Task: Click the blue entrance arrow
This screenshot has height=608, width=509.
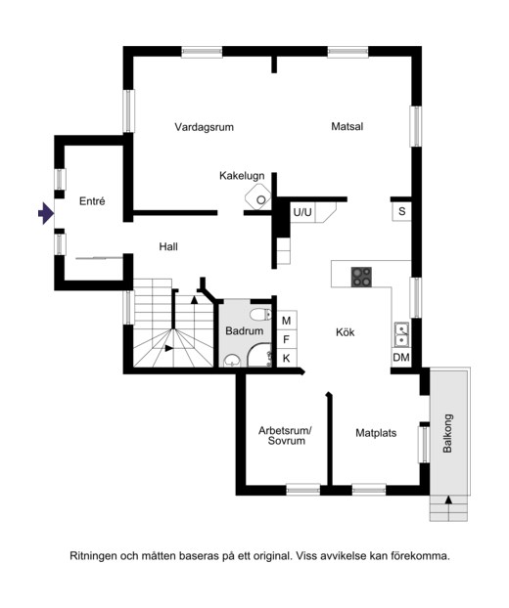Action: [x=46, y=213]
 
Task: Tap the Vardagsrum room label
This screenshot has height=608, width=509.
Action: [x=204, y=127]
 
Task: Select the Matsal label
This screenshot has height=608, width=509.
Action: [x=347, y=126]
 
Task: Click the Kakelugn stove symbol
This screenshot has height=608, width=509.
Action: [x=258, y=196]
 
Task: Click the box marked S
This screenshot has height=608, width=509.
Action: [x=401, y=212]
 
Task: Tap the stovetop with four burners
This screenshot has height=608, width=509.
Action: [x=361, y=277]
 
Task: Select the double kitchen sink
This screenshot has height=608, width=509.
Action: [x=401, y=334]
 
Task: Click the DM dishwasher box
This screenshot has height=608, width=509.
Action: [x=401, y=358]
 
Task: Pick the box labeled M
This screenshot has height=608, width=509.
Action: [x=287, y=321]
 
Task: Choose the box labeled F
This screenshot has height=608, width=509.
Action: [x=287, y=339]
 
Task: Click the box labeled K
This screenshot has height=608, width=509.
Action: [x=287, y=359]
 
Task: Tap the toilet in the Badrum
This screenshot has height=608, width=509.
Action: [x=260, y=314]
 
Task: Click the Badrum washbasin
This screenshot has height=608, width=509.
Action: [x=232, y=362]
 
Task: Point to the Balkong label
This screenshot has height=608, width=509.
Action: [x=447, y=433]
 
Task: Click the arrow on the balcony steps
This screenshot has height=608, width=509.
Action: [x=448, y=499]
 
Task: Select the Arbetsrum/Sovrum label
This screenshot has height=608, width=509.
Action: [x=286, y=435]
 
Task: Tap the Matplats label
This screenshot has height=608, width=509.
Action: [x=376, y=433]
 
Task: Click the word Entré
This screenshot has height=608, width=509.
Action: [x=92, y=200]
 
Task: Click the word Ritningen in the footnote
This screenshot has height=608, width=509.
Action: [x=93, y=556]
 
